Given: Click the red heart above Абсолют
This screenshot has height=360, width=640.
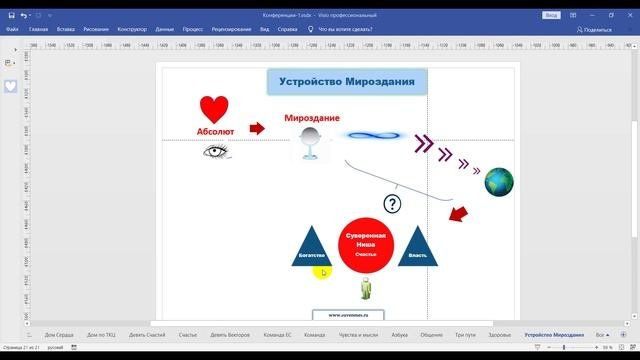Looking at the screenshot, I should point(214,109).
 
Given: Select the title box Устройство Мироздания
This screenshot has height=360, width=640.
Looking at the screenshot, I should point(347,82).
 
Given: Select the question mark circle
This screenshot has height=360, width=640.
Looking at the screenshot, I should point(392,204).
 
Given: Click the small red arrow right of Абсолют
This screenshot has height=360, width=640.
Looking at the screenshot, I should point(257,128).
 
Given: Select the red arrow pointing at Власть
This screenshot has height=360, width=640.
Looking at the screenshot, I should point(458,214).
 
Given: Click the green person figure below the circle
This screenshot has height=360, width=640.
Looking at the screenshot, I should point(365,289).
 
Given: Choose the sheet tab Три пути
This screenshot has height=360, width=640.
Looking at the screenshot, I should point(465,335).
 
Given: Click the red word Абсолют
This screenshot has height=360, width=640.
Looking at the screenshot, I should point(214,131).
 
